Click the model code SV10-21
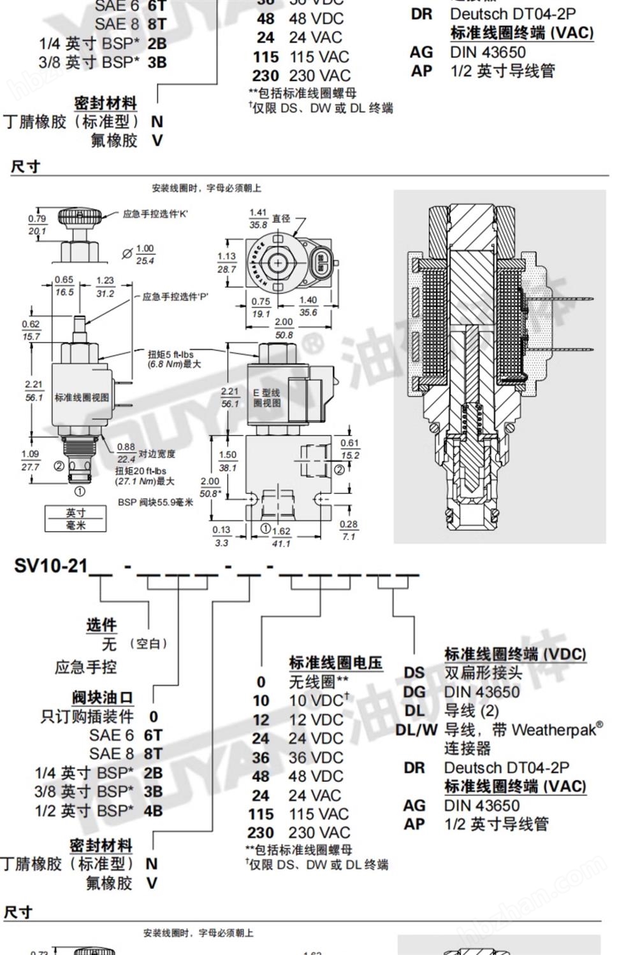pos(50,565)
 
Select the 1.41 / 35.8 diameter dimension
pos(258,218)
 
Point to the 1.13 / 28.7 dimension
pos(226,262)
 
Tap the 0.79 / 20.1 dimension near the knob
pos(37,225)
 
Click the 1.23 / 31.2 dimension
pos(105,286)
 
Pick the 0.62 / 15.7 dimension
pos(30,330)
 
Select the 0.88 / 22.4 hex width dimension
pos(126,453)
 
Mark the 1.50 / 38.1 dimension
pos(228,461)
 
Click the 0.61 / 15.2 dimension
pos(349,449)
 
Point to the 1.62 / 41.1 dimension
pos(281,537)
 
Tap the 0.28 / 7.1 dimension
pos(349,530)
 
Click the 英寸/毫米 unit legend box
pos(75,518)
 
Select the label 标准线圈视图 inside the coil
pos(82,397)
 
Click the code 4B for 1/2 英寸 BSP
pos(153,810)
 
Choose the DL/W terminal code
pos(416,730)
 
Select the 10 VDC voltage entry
pos(316,701)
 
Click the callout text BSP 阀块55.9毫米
pos(156,502)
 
